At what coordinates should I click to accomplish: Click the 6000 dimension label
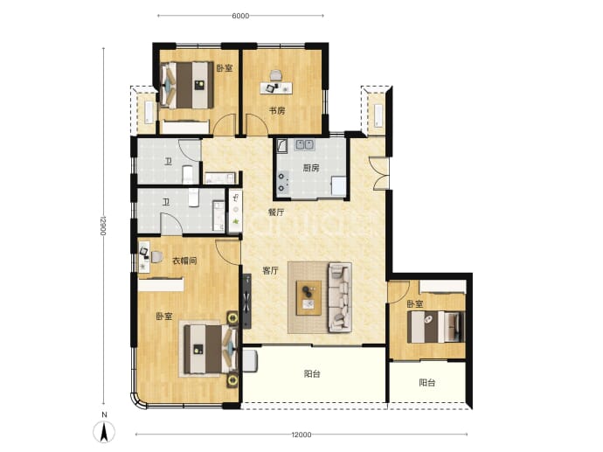240,16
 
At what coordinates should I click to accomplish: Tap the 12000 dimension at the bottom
301,435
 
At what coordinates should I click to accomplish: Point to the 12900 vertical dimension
103,226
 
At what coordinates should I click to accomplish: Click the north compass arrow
104,431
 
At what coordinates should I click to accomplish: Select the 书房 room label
277,111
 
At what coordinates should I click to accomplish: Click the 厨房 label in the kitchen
311,168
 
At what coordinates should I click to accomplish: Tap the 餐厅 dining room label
276,212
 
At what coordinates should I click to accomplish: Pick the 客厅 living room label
270,271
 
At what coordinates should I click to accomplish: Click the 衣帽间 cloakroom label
184,261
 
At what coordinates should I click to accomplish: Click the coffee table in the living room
308,298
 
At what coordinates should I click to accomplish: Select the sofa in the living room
340,297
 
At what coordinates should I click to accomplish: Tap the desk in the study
276,87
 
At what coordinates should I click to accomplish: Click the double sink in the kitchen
304,144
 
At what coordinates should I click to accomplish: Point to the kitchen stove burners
283,182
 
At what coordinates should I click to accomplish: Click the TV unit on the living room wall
246,302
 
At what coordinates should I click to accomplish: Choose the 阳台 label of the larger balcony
312,373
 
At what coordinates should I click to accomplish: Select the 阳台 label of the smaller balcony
426,383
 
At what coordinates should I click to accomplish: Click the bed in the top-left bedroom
186,86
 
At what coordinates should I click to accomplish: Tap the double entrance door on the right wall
380,173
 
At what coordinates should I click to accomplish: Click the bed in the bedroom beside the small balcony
436,327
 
